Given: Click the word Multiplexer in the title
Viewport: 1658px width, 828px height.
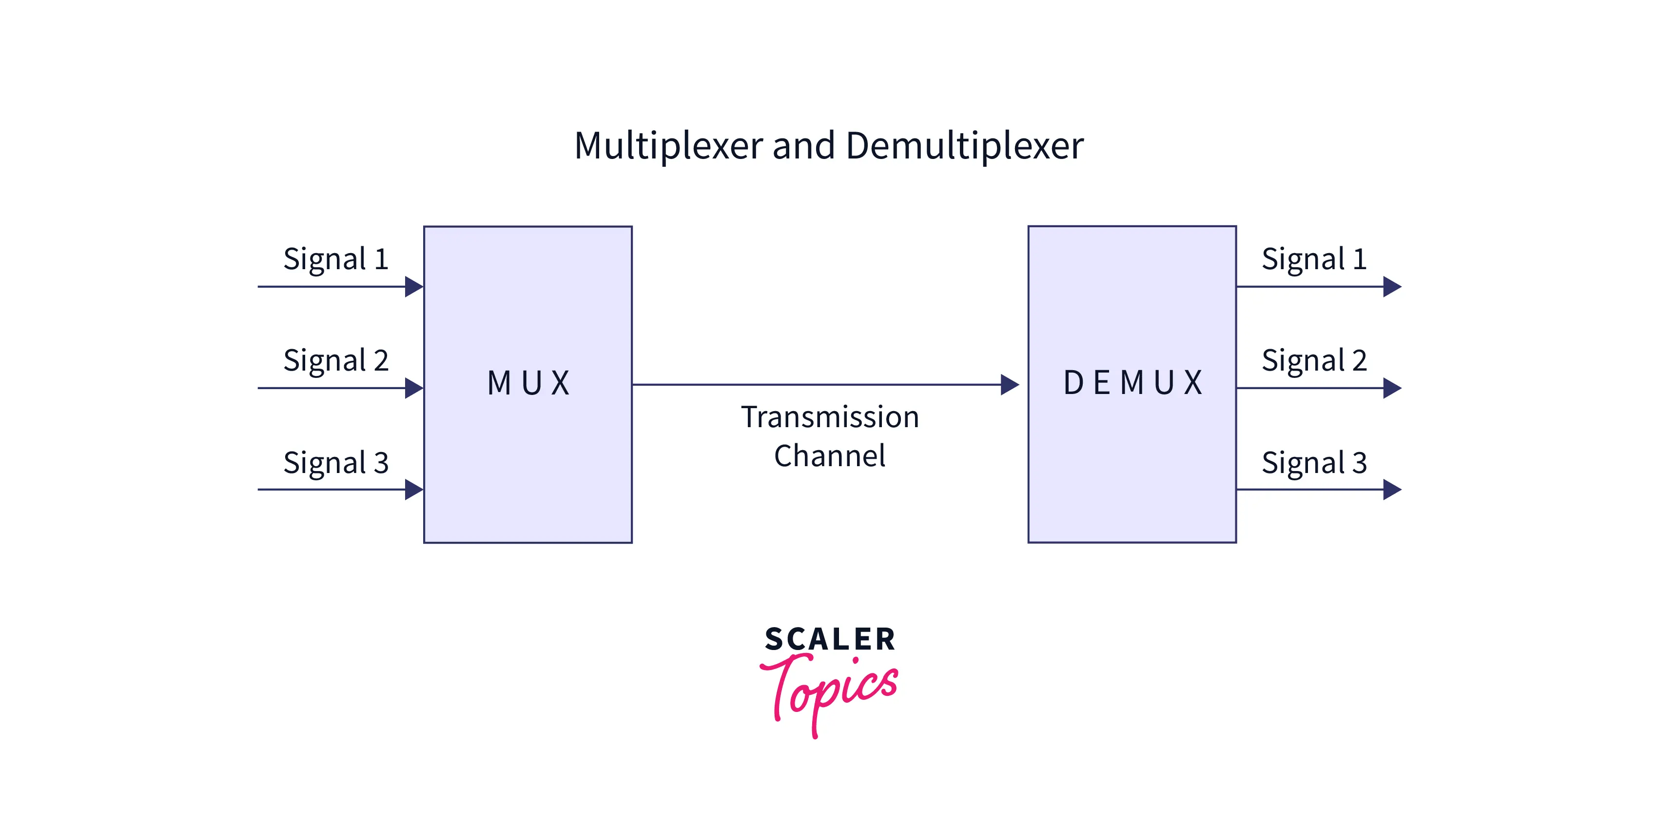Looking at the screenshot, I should pyautogui.click(x=669, y=145).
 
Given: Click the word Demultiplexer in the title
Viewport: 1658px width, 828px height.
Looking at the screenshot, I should pyautogui.click(x=964, y=145).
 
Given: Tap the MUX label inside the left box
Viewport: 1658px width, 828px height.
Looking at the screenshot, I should pyautogui.click(x=528, y=383).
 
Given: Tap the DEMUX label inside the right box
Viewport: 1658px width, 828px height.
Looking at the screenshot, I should pyautogui.click(x=1132, y=383).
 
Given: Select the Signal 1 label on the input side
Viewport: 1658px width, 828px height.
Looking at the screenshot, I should pyautogui.click(x=336, y=259).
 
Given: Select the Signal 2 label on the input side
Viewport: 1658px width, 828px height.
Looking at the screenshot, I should pyautogui.click(x=336, y=360).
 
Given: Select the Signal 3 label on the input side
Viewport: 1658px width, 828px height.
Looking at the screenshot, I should pyautogui.click(x=336, y=463).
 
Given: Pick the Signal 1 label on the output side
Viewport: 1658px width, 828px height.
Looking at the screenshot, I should pyautogui.click(x=1314, y=259).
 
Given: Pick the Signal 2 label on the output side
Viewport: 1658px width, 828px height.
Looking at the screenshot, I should pyautogui.click(x=1314, y=360).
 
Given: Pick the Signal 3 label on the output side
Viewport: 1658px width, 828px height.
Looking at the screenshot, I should pyautogui.click(x=1314, y=463).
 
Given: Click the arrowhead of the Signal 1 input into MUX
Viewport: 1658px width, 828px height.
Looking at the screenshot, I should pyautogui.click(x=414, y=287).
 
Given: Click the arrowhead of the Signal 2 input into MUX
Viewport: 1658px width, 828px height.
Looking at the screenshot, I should pyautogui.click(x=414, y=388).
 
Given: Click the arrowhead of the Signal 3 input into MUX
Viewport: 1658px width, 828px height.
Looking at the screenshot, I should pyautogui.click(x=414, y=489).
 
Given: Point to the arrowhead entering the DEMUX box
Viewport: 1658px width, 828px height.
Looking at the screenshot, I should pyautogui.click(x=1009, y=385).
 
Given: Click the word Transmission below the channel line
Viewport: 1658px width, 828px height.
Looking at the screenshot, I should pyautogui.click(x=830, y=417).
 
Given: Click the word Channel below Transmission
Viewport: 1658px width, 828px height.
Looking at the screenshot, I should pyautogui.click(x=830, y=456).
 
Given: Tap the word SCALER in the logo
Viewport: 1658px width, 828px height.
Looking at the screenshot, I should pyautogui.click(x=830, y=639).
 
